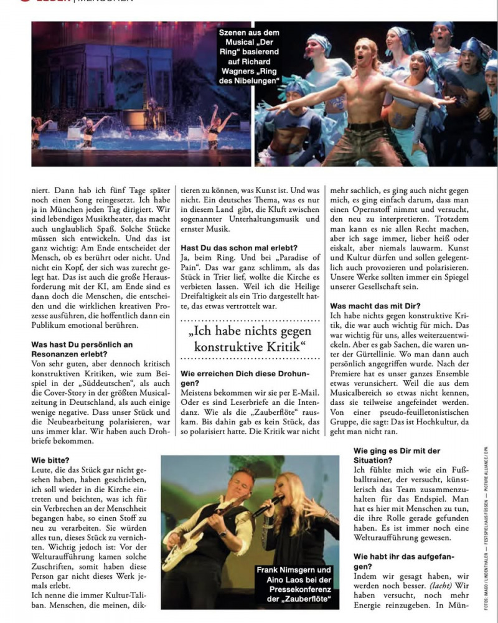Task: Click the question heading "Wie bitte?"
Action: click(x=50, y=460)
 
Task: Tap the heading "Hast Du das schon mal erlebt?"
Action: click(x=230, y=247)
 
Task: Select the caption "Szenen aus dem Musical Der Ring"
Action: click(x=249, y=56)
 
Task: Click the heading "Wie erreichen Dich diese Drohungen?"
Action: click(x=244, y=378)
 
